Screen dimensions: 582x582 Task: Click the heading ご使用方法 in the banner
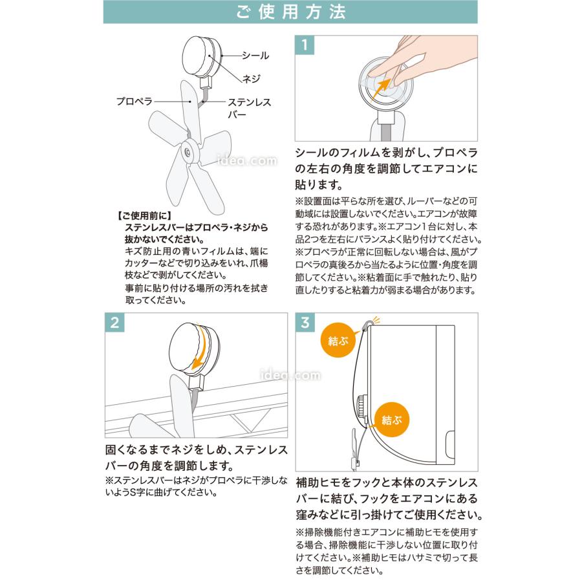click(x=290, y=12)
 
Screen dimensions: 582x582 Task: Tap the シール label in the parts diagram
click(x=255, y=56)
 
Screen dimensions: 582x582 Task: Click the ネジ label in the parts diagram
click(x=250, y=78)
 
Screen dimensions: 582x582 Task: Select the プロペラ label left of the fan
click(x=134, y=102)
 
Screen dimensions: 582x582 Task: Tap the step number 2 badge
click(x=114, y=324)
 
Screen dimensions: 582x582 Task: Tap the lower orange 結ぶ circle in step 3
click(x=391, y=420)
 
